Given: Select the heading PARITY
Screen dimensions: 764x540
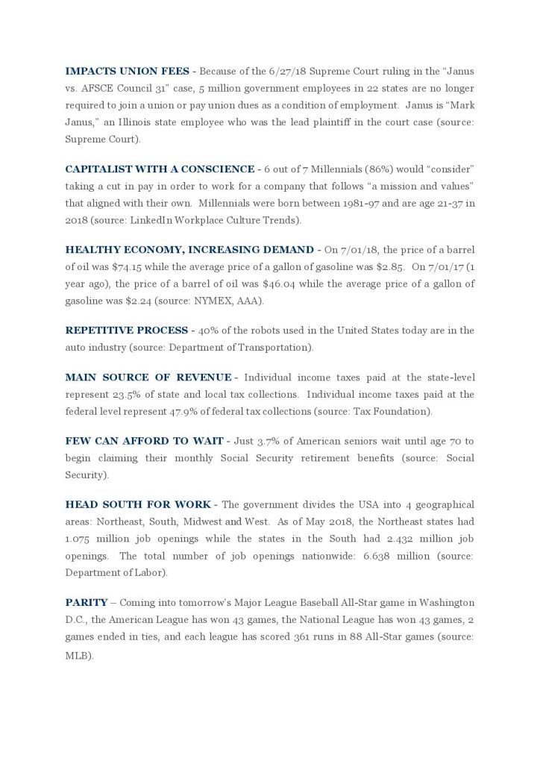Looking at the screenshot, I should [x=87, y=602].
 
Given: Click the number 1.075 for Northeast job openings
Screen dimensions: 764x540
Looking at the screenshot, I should [x=80, y=539].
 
